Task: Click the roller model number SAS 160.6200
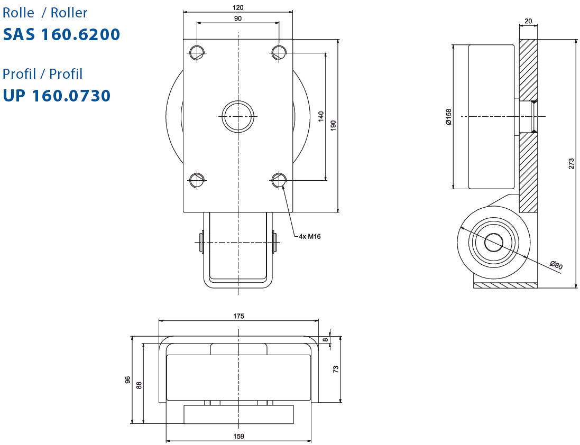61,34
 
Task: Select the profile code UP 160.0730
57,96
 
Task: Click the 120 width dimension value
238,7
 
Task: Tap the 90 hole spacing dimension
238,18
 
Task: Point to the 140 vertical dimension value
321,116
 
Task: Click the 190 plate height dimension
333,126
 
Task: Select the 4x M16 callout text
310,237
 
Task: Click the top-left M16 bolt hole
197,52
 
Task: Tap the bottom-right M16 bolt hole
279,180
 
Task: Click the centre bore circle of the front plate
238,116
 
